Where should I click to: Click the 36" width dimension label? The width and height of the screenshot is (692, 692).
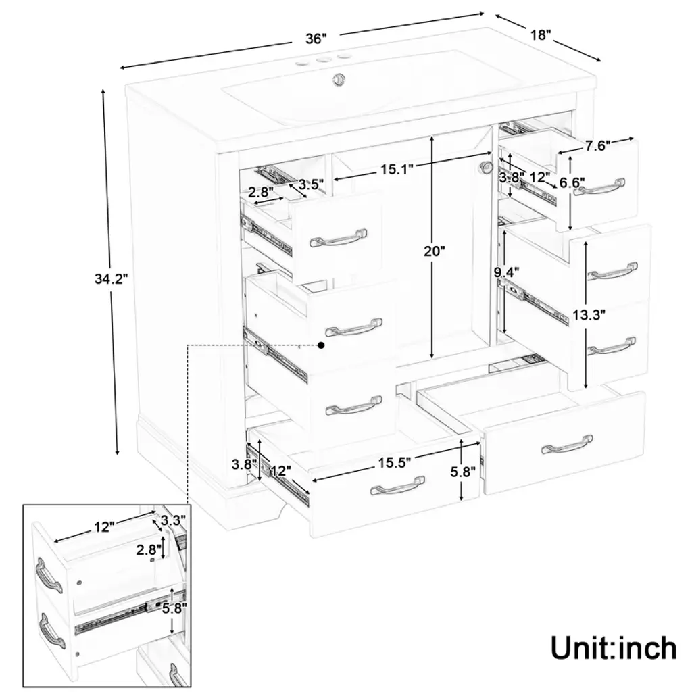coord(316,39)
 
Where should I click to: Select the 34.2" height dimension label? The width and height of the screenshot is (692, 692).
coord(112,278)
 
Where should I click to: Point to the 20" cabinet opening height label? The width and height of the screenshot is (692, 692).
coord(435,251)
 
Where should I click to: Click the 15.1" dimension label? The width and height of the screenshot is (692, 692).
coord(397,169)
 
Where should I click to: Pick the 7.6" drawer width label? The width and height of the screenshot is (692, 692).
coord(598,146)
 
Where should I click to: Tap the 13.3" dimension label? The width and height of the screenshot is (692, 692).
coord(589,315)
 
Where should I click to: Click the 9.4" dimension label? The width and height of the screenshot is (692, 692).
coord(506,270)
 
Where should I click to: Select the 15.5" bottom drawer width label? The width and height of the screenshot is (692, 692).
coord(395,462)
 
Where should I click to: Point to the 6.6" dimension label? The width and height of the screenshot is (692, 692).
coord(572,182)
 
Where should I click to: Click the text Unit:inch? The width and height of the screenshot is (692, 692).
coord(614,648)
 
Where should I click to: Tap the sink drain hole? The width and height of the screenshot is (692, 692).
coord(339,79)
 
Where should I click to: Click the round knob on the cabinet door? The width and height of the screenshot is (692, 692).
coord(487,167)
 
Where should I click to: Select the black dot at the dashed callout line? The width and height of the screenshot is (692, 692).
coord(321,345)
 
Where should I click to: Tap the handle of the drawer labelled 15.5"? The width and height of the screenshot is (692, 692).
coord(397,486)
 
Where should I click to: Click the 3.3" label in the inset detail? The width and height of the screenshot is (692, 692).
coord(172,520)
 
